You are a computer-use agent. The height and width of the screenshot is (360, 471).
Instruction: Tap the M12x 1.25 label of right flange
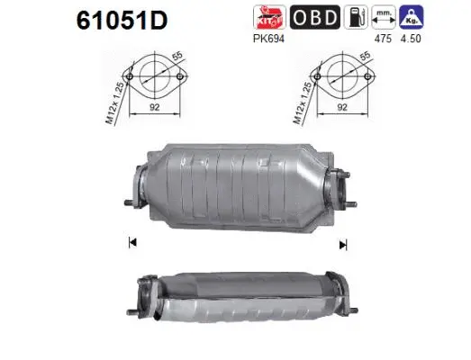pyautogui.click(x=301, y=99)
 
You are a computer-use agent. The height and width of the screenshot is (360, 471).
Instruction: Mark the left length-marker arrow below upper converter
pyautogui.click(x=132, y=241)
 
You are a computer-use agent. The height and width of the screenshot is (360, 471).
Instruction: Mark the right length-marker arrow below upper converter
pyautogui.click(x=342, y=243)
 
